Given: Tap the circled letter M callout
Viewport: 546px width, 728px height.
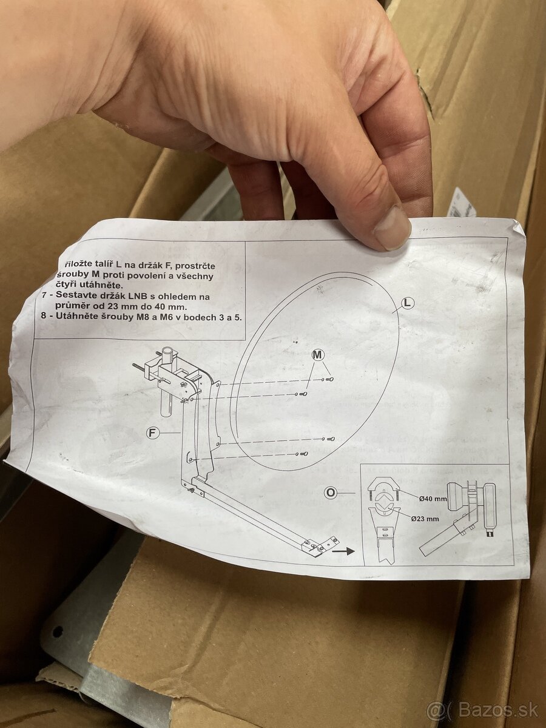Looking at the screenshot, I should point(318,354).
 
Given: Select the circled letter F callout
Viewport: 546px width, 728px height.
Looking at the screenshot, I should point(153,433).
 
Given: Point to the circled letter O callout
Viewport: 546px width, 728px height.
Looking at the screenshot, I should point(331,493).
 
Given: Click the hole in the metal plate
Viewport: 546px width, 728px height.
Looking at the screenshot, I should point(58,632).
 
